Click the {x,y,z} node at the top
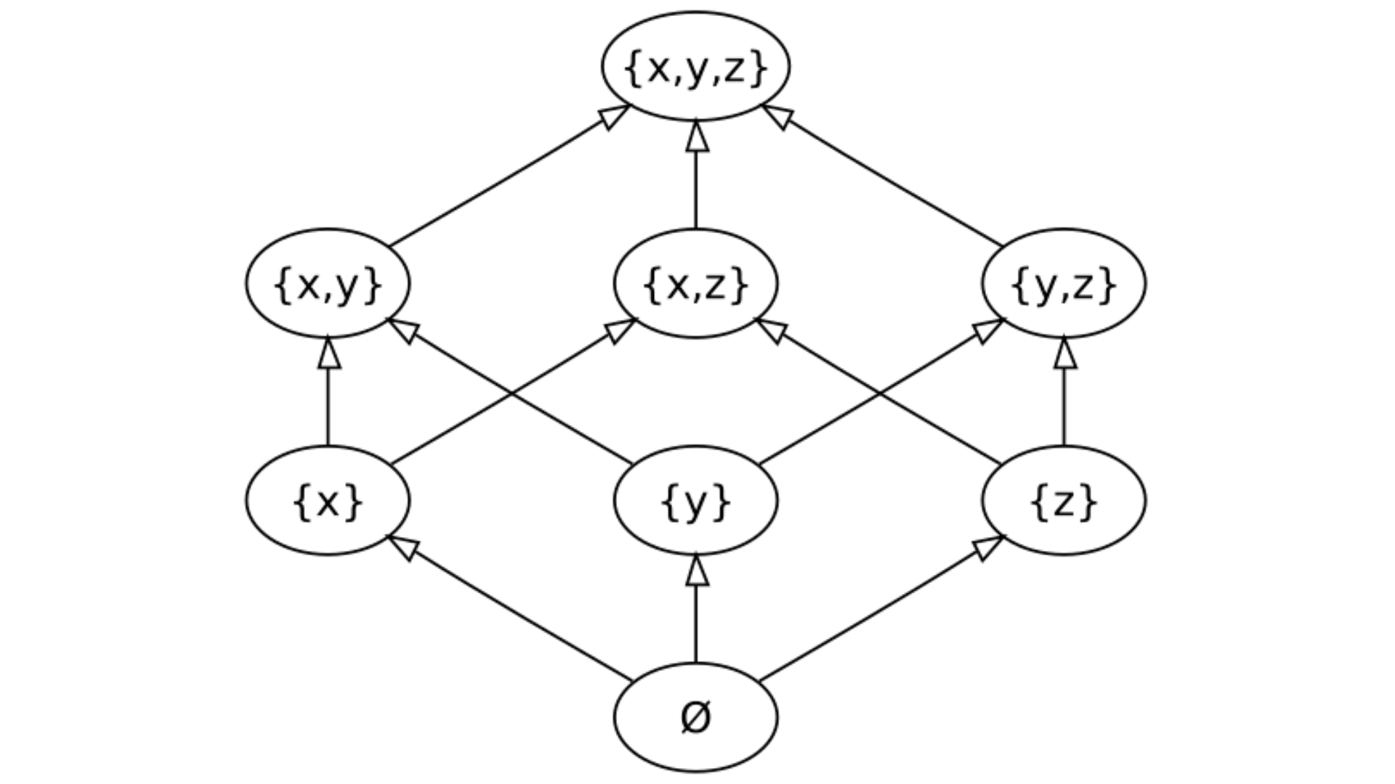coord(695,67)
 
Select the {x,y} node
coord(328,283)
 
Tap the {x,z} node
coord(695,283)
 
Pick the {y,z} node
coord(1064,283)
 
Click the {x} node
coord(328,500)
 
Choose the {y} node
coord(695,500)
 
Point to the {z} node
coord(1064,500)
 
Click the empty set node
coord(695,717)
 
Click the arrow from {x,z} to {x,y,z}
coord(696,181)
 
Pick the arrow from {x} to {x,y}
coord(328,396)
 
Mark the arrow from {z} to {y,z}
coord(1064,396)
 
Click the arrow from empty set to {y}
coord(696,613)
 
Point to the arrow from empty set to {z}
coord(879,610)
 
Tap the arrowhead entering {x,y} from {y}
coord(404,330)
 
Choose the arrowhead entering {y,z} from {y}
coord(988,330)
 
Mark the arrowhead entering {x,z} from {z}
coord(772,330)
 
